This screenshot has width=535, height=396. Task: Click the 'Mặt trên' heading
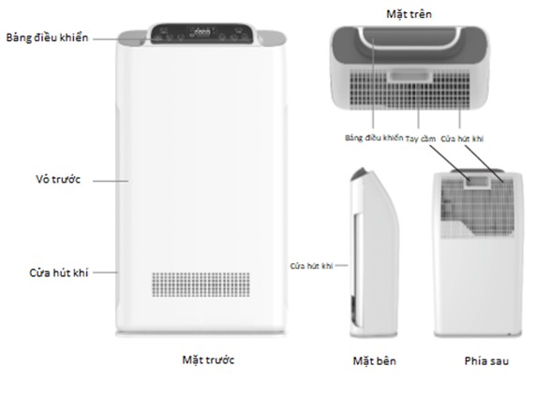409,14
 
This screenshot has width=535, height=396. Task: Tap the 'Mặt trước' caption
208,360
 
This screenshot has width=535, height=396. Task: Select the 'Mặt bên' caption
374,361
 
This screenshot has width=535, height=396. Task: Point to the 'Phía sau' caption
486,361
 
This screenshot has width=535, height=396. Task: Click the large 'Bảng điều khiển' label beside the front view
47,37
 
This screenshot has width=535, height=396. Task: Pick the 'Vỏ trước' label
58,179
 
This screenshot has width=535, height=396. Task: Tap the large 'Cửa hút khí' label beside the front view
59,272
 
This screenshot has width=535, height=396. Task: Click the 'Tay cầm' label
421,139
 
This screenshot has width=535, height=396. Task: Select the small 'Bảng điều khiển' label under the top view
374,138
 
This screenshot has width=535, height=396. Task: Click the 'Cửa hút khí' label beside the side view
311,266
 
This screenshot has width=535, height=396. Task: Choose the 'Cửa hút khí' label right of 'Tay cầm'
462,139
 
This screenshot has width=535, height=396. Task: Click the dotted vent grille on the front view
201,285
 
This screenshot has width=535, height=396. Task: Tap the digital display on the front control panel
201,32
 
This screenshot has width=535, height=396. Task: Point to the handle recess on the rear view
478,182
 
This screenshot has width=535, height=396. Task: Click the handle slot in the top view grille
409,76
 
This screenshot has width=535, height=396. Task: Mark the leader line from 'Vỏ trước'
111,181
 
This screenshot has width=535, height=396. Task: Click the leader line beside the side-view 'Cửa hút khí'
341,265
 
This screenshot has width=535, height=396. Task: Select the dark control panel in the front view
202,34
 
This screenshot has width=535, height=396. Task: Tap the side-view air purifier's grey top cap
359,174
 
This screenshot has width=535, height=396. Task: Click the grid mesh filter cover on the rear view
478,208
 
